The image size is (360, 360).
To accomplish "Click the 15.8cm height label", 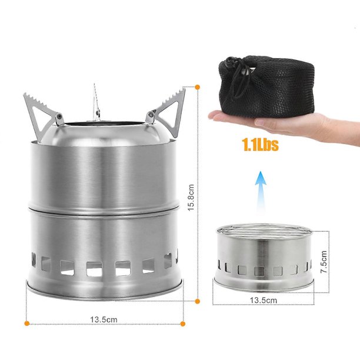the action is (x=191, y=198).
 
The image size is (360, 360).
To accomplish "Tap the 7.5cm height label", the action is (x=324, y=262).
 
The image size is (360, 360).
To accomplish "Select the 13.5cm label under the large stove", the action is (x=104, y=319).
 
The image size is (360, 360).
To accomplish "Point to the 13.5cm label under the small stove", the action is (x=264, y=301).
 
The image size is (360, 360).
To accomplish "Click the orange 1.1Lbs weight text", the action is (x=260, y=145).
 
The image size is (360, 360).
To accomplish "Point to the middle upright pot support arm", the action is (x=96, y=104).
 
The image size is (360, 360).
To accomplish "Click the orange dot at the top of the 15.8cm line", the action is (x=197, y=87).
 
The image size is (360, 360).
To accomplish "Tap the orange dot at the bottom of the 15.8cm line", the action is (x=197, y=301).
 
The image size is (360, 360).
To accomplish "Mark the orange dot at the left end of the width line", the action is (x=27, y=324).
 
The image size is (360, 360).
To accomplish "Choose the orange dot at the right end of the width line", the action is (x=183, y=324).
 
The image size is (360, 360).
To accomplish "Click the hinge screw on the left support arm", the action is (x=59, y=116).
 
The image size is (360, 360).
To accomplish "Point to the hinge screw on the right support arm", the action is (x=151, y=114).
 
